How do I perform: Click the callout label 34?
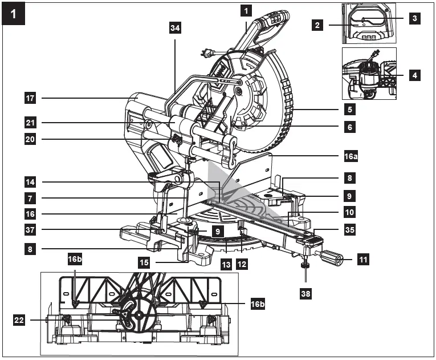pyautogui.click(x=175, y=29)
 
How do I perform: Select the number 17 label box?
pyautogui.click(x=31, y=98)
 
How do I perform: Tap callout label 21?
pyautogui.click(x=31, y=122)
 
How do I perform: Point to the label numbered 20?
pyautogui.click(x=31, y=139)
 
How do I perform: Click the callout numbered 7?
pyautogui.click(x=31, y=199)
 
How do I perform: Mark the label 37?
pyautogui.click(x=31, y=230)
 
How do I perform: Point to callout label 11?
pyautogui.click(x=362, y=260)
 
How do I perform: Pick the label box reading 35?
pyautogui.click(x=349, y=232)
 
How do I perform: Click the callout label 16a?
pyautogui.click(x=349, y=155)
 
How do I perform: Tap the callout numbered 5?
pyautogui.click(x=349, y=108)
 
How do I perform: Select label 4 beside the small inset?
pyautogui.click(x=415, y=74)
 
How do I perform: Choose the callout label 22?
pyautogui.click(x=19, y=320)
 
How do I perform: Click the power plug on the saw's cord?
pyautogui.click(x=206, y=53)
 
